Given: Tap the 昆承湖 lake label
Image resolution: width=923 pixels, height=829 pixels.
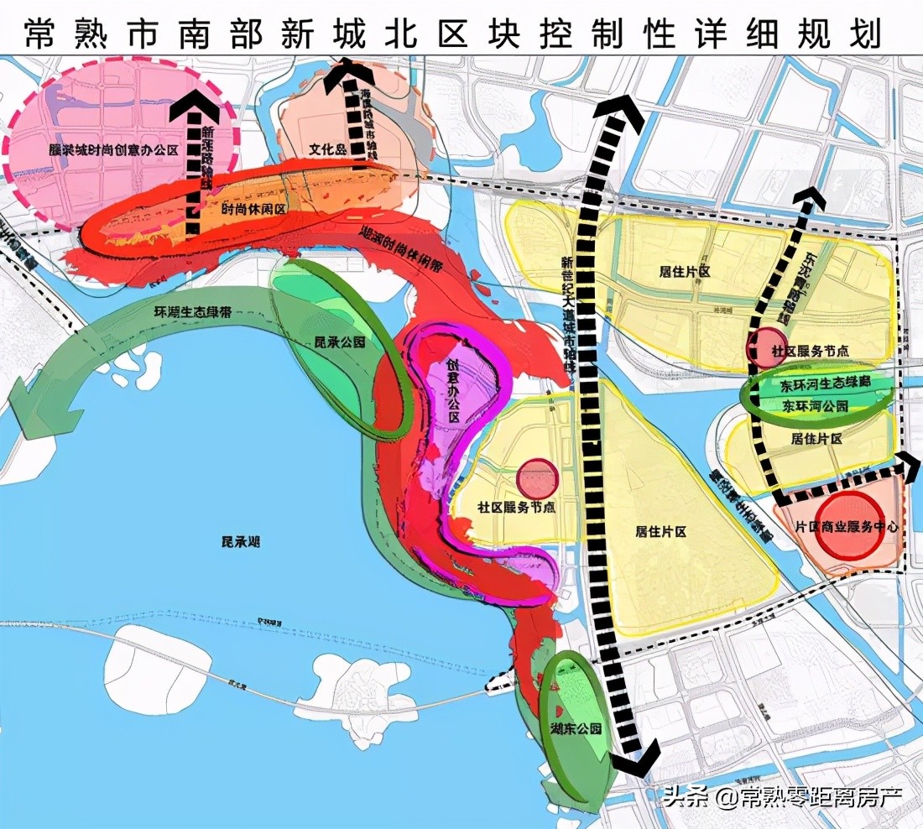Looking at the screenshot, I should coord(235,543).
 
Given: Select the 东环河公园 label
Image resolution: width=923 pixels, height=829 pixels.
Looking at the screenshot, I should coord(815,406).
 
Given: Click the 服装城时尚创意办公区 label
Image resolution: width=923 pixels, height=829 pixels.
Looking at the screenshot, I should coord(114,149).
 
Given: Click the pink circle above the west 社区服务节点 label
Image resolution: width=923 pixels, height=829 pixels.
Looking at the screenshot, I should coord(537,478).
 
